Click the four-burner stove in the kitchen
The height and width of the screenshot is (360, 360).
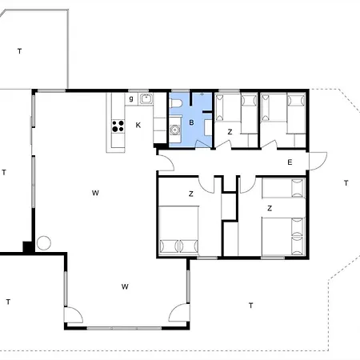coord(118,126)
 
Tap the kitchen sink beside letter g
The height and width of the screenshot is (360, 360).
coord(146,98)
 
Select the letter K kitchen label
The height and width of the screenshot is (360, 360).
coord(138,125)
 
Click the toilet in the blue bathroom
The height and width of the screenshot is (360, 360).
coord(175,103)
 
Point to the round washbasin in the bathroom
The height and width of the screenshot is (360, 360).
coord(174,130)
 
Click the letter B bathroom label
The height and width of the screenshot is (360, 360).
coord(191,122)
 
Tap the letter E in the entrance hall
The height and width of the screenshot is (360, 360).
coord(290,162)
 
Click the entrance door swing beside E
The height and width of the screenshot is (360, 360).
coord(318,161)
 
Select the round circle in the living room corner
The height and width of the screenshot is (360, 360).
coord(44,243)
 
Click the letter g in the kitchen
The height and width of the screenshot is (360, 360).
coord(131,98)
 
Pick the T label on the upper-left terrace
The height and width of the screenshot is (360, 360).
coord(19,51)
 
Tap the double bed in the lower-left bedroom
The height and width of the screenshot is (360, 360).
coord(178,230)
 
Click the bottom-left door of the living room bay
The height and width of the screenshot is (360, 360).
coord(74,315)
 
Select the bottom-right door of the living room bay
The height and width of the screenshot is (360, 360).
coord(179,313)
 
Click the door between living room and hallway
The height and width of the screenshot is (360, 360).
coord(166,162)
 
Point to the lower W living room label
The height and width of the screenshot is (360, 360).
coord(125,286)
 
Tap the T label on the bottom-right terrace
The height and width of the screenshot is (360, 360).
coord(250,306)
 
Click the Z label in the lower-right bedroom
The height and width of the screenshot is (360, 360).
coord(270,208)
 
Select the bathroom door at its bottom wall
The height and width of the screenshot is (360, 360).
coord(203,143)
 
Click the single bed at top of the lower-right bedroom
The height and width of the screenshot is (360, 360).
coord(283,188)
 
